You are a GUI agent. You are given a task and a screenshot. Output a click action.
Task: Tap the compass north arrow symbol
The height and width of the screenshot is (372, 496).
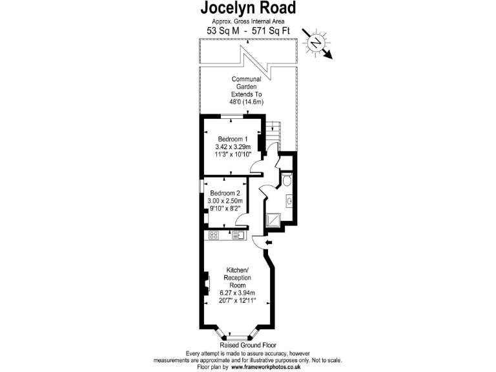[x=316, y=43]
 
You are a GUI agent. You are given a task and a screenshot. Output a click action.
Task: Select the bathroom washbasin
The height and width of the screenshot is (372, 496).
[x=290, y=202]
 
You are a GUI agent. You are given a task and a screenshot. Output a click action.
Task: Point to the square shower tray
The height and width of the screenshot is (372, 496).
[x=275, y=222]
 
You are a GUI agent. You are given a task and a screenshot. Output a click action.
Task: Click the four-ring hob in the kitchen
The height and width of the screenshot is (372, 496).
[x=213, y=236]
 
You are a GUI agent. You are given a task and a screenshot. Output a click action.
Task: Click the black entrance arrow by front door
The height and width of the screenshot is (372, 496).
[x=269, y=242]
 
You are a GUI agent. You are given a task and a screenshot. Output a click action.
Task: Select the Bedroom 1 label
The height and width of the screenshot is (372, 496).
[x=232, y=139]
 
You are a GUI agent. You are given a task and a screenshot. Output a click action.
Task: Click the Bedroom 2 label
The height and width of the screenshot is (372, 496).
[x=225, y=193]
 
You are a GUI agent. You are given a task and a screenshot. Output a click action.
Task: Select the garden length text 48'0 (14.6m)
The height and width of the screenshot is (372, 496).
[x=246, y=102]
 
